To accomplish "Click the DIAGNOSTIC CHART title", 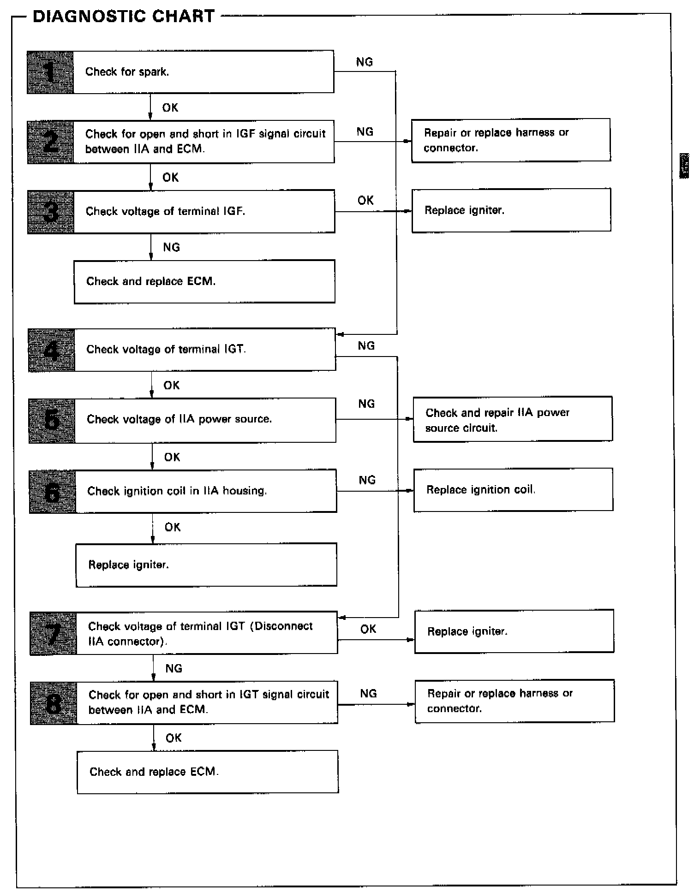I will (124, 17).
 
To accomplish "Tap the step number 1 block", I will (50, 72).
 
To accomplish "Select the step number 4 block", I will (52, 350).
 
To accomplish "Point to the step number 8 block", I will (54, 702).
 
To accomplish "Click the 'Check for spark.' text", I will (127, 72).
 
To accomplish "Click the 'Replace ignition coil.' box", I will (513, 490).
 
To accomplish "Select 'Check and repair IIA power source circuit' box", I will (513, 419).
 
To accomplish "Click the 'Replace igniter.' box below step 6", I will (206, 565).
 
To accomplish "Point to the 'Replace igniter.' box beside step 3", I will (511, 210).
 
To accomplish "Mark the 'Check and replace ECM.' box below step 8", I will (208, 772).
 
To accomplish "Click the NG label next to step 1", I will (365, 62).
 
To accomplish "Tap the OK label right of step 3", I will (365, 200).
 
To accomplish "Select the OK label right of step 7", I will (368, 629).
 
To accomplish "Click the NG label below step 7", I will (174, 668).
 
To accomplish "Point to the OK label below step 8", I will (174, 738).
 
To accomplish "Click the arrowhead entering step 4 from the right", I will (341, 334).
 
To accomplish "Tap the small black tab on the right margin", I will (684, 167).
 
